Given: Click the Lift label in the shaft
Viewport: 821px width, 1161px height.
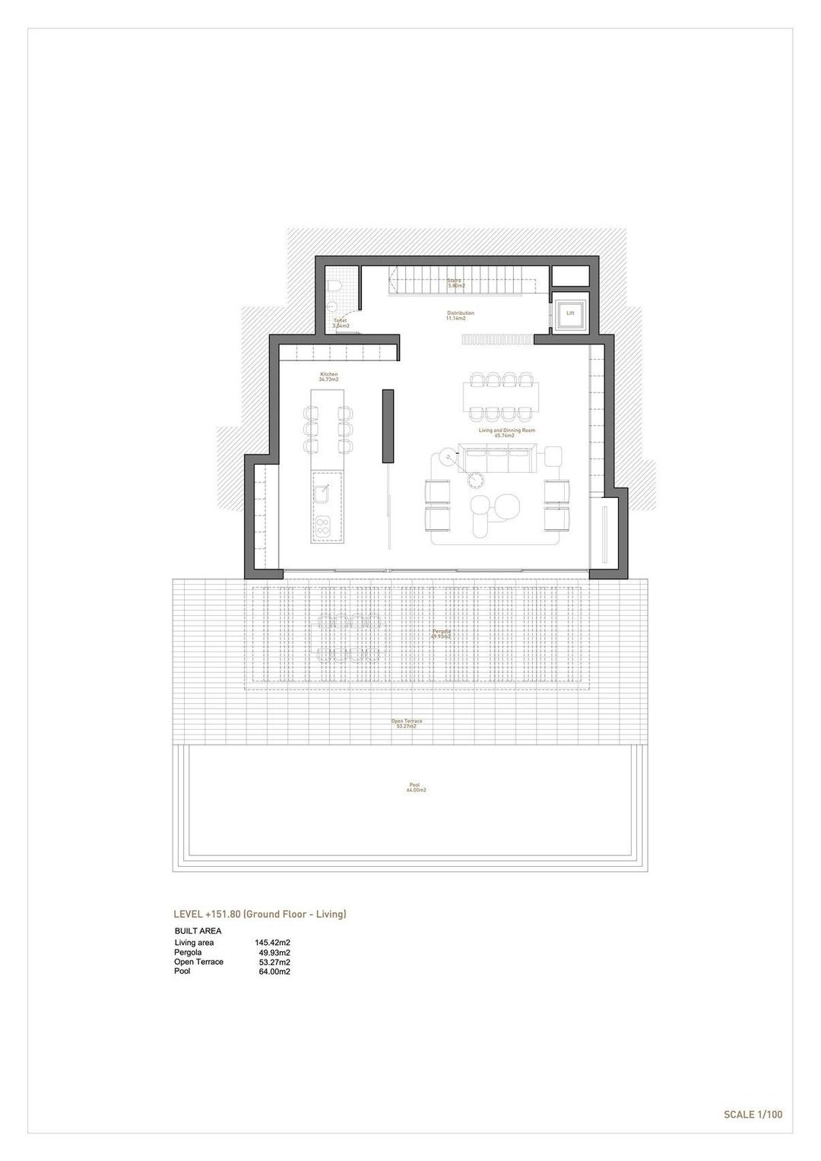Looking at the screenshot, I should click(570, 312).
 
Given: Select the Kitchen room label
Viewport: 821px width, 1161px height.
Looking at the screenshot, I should click(328, 376).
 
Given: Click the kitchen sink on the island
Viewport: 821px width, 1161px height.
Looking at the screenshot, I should click(323, 492).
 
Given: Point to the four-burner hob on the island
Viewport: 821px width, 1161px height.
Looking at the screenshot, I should click(324, 525).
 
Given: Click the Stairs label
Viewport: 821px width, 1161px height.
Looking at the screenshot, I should click(455, 281).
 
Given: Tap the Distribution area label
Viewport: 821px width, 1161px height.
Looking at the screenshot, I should click(460, 315).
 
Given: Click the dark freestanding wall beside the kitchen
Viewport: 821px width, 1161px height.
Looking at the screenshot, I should click(388, 426).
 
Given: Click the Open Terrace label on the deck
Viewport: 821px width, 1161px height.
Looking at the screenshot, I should click(407, 722).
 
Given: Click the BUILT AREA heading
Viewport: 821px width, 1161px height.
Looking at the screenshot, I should click(198, 931).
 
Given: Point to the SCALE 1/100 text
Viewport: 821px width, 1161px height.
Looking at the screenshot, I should click(753, 1115).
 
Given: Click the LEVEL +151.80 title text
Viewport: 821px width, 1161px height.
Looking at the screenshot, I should click(260, 914).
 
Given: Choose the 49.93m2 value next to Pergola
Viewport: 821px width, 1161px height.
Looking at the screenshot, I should click(274, 953).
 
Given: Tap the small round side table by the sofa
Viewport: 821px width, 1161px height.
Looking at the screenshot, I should click(477, 479).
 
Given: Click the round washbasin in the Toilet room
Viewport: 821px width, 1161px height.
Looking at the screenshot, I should click(332, 307).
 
